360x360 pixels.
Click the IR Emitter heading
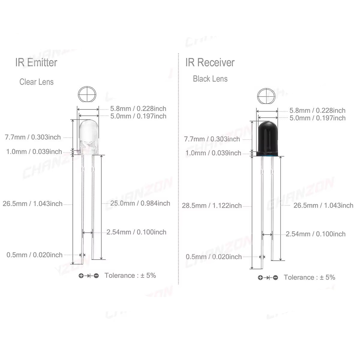(36, 62)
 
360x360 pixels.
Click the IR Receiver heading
(210, 62)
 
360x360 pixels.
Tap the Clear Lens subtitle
(36, 82)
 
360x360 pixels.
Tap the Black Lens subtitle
(210, 79)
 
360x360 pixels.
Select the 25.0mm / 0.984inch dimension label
(140, 203)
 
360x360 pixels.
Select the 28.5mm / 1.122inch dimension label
(212, 205)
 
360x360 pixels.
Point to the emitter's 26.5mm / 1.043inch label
(32, 204)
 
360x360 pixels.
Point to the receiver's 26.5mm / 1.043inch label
(323, 205)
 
